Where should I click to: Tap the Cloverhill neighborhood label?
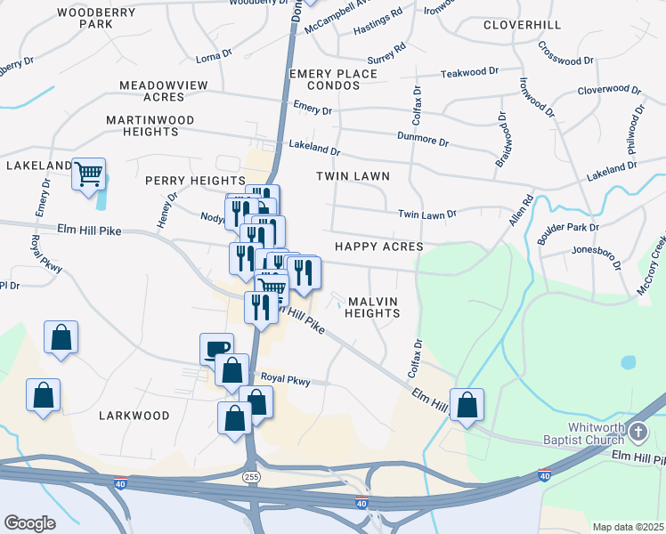point(523,24)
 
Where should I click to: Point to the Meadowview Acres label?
point(164,91)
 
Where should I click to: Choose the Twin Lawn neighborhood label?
point(353,176)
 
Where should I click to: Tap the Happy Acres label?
point(378,246)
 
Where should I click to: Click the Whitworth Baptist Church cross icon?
point(638,433)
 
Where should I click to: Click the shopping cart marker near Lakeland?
point(89,174)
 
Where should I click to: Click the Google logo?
point(29,523)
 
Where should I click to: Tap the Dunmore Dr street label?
point(423,141)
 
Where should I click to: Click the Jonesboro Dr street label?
point(596,253)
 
